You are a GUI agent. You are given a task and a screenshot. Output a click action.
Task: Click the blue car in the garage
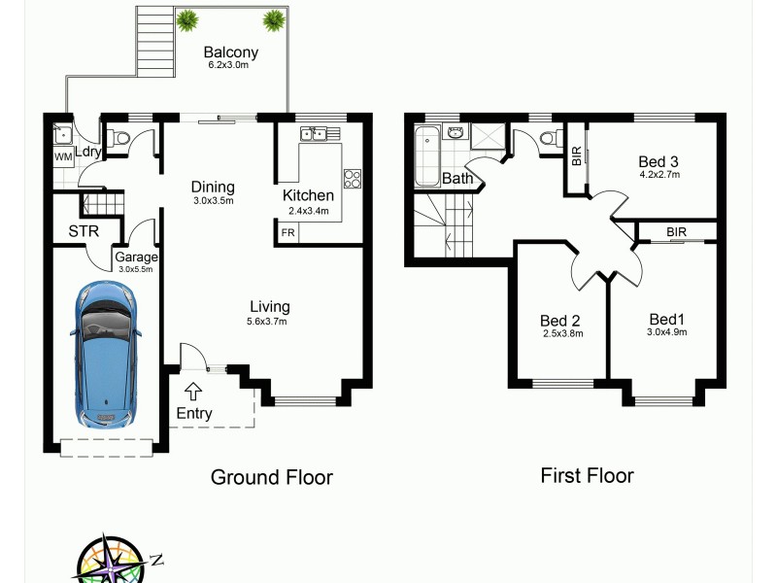106,355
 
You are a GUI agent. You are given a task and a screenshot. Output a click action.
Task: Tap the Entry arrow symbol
192,392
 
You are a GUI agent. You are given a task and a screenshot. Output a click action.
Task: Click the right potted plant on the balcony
275,18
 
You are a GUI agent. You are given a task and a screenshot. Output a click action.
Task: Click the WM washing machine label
62,155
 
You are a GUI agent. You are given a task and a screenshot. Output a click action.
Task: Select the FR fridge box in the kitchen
288,233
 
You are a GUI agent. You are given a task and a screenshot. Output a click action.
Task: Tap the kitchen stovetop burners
353,179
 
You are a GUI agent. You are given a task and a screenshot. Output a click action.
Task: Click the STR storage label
82,232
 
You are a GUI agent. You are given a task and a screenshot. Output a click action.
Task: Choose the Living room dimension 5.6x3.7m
267,321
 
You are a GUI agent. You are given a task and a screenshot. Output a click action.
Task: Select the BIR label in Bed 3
576,156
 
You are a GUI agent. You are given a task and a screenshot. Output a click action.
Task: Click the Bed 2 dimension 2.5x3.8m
560,334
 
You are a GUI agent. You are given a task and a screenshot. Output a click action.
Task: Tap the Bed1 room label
668,319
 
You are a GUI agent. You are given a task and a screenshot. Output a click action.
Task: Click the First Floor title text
587,475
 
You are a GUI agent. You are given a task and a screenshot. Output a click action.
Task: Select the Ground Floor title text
272,477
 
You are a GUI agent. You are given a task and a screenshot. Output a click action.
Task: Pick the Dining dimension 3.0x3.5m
213,201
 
